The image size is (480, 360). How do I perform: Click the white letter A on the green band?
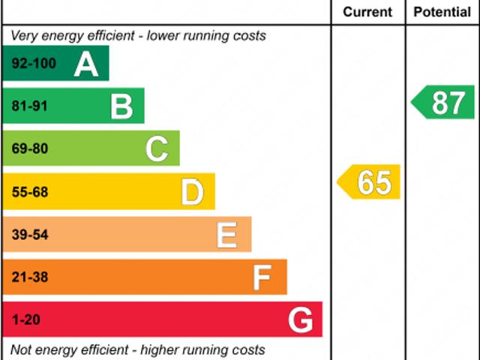click(x=86, y=64)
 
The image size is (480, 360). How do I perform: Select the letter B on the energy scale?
click(x=121, y=106)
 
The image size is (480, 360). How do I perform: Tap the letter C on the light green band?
click(x=157, y=149)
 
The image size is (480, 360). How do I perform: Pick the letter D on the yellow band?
click(x=192, y=193)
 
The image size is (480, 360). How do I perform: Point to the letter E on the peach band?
click(x=226, y=235)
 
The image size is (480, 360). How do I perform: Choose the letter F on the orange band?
click(x=261, y=278)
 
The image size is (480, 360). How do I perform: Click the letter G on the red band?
click(x=300, y=321)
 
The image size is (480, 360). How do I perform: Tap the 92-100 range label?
click(x=34, y=64)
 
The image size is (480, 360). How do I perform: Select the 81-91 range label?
click(x=29, y=106)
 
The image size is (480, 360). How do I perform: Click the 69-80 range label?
click(x=29, y=149)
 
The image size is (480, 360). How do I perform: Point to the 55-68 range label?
click(x=29, y=193)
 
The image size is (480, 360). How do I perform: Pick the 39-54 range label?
click(x=29, y=235)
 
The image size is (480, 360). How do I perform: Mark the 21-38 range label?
click(x=29, y=278)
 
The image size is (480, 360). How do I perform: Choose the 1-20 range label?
click(x=25, y=321)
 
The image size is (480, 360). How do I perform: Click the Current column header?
click(x=367, y=12)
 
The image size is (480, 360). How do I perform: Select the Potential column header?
click(x=442, y=12)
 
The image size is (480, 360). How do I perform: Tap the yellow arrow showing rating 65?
click(x=370, y=182)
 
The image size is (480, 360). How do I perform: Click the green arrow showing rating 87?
click(x=444, y=102)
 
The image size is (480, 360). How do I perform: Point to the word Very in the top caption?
click(x=25, y=35)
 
